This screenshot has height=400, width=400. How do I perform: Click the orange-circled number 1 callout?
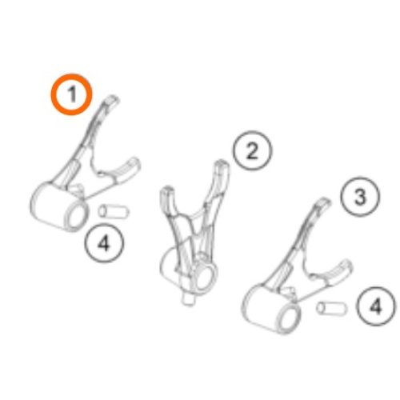72,94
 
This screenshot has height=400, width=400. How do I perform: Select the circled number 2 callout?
252,150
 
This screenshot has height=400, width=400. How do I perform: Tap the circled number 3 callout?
360,197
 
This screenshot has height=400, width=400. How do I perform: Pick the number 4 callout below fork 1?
104,243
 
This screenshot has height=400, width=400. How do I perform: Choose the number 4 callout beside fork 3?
376,306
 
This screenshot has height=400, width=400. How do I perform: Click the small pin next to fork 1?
114,211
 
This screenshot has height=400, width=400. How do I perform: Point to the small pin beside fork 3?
332,308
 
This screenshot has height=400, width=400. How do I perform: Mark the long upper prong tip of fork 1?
113,98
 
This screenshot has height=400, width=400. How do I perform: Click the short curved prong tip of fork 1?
134,163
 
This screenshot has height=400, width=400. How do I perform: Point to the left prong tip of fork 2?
166,190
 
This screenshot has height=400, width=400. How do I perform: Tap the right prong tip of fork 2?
222,163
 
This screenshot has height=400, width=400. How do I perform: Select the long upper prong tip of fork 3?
325,201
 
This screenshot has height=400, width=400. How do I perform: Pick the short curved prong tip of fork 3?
346,265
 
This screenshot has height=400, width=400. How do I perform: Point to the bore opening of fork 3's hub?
289,320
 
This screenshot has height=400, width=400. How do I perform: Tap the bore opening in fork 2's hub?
205,278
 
